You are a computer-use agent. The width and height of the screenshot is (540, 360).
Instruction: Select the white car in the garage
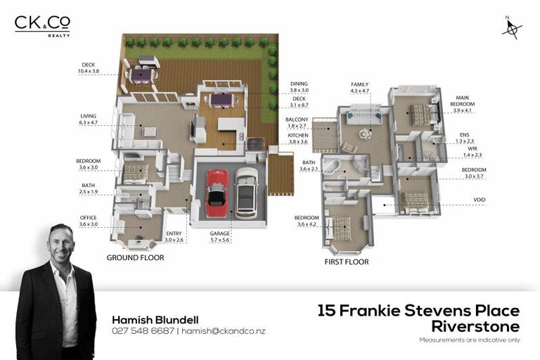pyautogui.click(x=247, y=192)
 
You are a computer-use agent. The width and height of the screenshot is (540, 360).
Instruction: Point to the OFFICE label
pyautogui.click(x=88, y=218)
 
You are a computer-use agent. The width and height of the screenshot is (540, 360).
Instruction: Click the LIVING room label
pyautogui.click(x=88, y=116)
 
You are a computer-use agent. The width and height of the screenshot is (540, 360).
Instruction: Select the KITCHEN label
pyautogui.click(x=298, y=135)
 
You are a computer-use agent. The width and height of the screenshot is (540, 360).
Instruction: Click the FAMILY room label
pyautogui.click(x=360, y=84)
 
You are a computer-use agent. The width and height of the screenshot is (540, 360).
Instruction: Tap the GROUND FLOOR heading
pyautogui.click(x=135, y=258)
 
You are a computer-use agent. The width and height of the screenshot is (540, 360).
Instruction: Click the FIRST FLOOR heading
pyautogui.click(x=346, y=262)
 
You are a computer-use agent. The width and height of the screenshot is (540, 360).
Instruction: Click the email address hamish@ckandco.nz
pyautogui.click(x=223, y=330)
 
